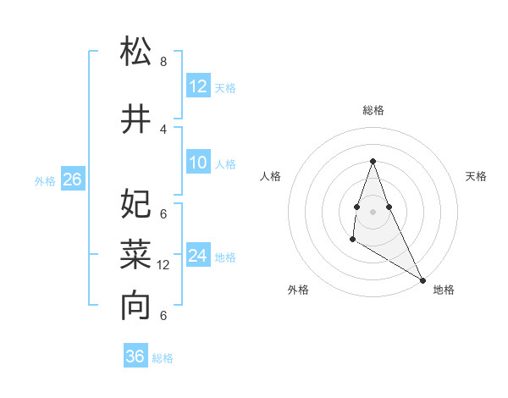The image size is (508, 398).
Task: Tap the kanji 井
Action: coord(135,119)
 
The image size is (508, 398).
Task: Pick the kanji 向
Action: coord(135,306)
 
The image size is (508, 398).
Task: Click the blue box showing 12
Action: coord(198,86)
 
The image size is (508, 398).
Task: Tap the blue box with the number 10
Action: coord(198,163)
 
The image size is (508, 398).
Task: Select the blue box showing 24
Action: coord(198,256)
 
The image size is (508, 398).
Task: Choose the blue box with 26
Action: coord(72,180)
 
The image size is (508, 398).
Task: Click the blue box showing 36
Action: coord(135,357)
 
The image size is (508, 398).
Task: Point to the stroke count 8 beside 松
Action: coord(163,62)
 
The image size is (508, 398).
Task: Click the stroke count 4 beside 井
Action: coord(163,129)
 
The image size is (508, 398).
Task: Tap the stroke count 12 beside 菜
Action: coord(163,265)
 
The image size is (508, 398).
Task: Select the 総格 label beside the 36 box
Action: coord(163,358)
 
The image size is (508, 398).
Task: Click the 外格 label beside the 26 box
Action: coord(45,180)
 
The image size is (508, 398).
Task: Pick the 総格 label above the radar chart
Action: coord(373,110)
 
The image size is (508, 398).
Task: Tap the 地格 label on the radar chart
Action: coord(444,290)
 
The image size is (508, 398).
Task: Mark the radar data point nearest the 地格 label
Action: coord(423,280)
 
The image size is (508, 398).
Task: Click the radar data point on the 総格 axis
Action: coord(373,161)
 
